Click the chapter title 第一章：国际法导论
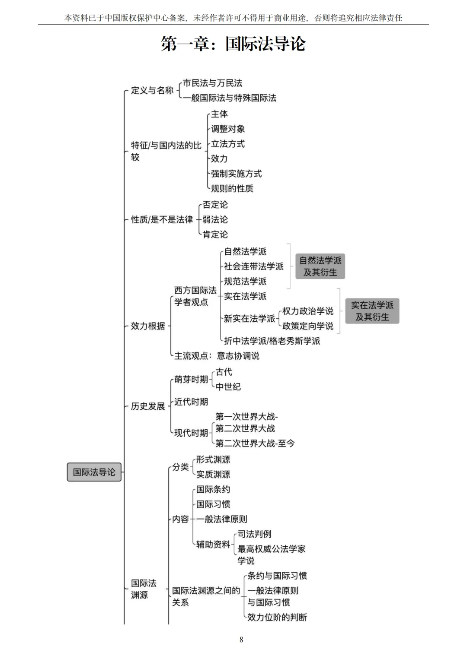point(233,44)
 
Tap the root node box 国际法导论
point(94,472)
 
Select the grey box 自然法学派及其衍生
point(320,266)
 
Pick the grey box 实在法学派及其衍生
point(372,311)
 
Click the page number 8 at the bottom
point(241,640)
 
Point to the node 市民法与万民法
point(212,83)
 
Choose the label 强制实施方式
point(236,174)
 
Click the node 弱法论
point(215,219)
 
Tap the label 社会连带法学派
point(253,266)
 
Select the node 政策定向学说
point(307,326)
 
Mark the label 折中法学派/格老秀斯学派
point(272,341)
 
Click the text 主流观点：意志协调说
point(217,356)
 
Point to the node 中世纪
point(228,387)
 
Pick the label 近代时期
point(191,402)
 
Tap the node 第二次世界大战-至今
point(255,443)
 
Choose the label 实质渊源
point(213,474)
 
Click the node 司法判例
point(254,534)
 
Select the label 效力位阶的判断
point(277,617)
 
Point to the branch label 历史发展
point(148,406)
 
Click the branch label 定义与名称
point(152,90)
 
